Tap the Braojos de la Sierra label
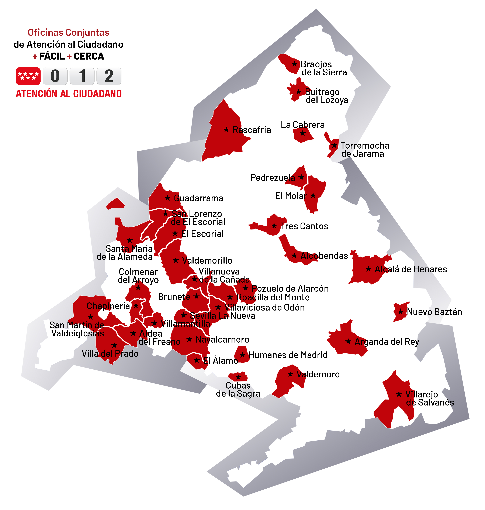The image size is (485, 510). click(324, 68)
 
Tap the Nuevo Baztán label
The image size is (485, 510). click(434, 312)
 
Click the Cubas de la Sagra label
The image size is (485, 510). click(238, 389)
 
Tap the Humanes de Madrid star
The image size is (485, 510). click(242, 355)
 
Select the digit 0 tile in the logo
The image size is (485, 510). click(55, 76)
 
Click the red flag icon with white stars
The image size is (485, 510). click(28, 76)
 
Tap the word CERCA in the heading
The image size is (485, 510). click(89, 56)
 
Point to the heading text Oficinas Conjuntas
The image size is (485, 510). click(69, 33)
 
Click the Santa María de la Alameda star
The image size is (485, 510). click(130, 240)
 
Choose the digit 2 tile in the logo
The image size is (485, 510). click(109, 76)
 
